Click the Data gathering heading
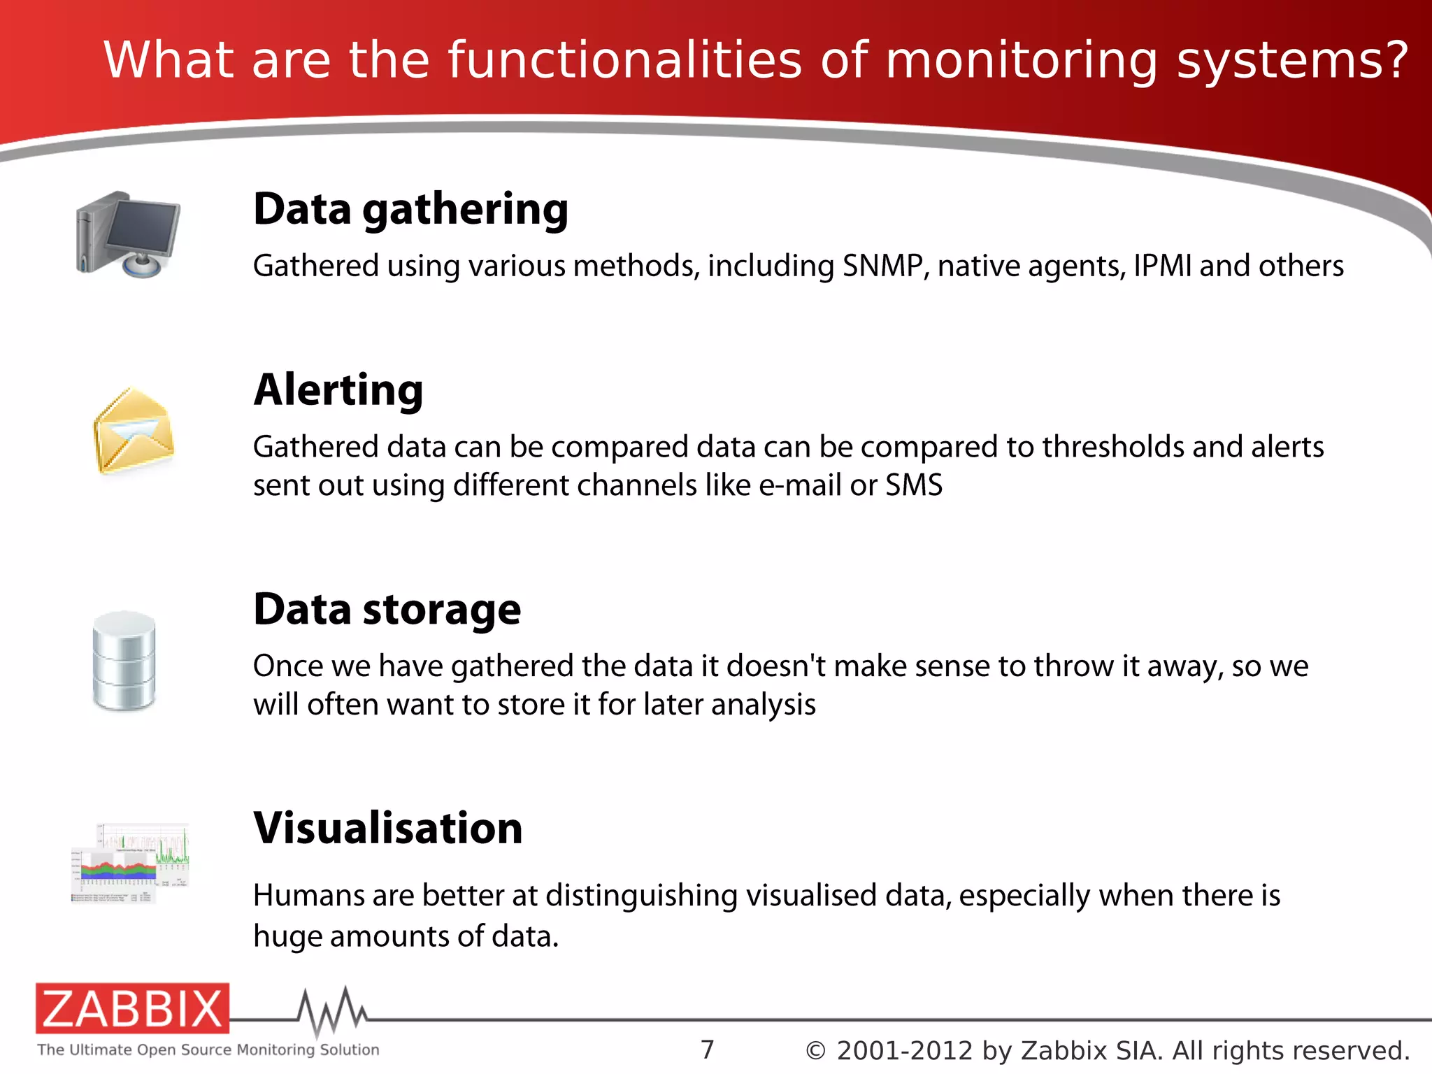(410, 209)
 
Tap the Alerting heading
(338, 389)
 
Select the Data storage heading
(387, 609)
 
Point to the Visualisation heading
(388, 828)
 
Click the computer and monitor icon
(129, 235)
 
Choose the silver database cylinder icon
(124, 661)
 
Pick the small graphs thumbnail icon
(131, 864)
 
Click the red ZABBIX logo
(132, 1008)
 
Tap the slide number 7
(708, 1050)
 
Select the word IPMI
(1162, 266)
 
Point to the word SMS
(914, 485)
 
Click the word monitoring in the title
(1022, 62)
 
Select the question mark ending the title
(1394, 62)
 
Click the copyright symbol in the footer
(815, 1051)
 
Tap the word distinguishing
(641, 896)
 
